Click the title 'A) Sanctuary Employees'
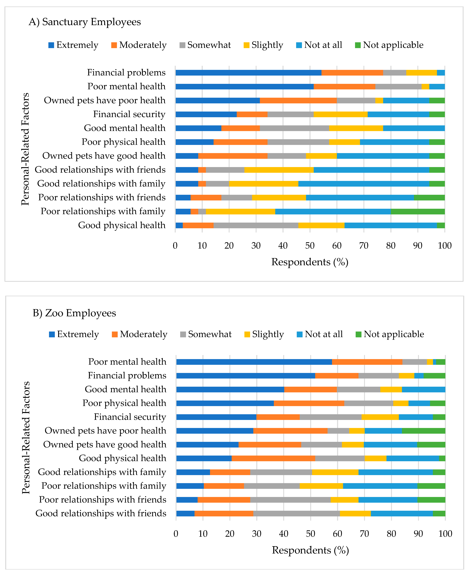point(85,22)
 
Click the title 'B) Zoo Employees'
point(74,313)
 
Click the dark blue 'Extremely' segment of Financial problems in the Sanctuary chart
point(248,72)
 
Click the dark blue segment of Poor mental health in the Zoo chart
point(254,362)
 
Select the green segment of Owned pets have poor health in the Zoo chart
point(423,431)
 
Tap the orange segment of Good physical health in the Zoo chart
point(273,458)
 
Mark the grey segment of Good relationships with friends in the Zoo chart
point(297,514)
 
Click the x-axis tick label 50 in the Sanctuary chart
point(310,246)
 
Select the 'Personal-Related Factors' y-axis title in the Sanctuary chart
point(25,149)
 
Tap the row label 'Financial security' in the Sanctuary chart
point(129,114)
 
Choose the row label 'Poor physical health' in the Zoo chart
point(124,403)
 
